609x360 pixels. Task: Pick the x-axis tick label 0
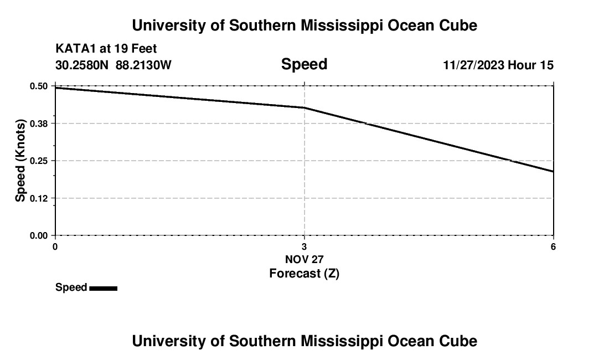(55, 246)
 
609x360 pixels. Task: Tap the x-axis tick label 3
(304, 246)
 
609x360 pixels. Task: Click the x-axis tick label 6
(553, 246)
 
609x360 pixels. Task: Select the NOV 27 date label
(304, 259)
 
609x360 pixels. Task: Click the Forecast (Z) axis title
(304, 273)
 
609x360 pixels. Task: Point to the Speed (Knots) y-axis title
(20, 161)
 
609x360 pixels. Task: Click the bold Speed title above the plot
(304, 64)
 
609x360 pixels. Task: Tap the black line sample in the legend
(103, 288)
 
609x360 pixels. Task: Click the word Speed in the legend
(71, 287)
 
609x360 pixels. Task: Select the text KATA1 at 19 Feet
(106, 49)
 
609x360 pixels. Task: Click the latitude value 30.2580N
(83, 65)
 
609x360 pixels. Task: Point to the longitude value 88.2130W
(143, 65)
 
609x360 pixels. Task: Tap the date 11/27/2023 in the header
(473, 65)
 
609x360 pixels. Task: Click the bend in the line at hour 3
(304, 107)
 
